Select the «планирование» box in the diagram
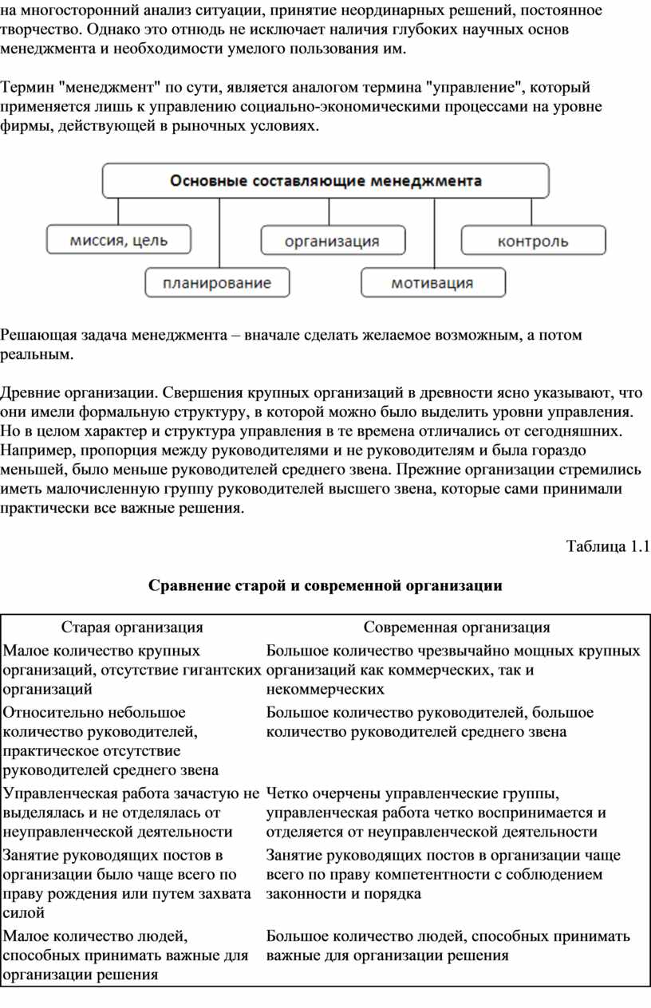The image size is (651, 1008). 217,282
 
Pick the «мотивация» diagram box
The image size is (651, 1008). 432,282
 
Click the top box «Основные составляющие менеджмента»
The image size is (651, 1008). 325,181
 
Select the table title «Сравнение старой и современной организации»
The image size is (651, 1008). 325,586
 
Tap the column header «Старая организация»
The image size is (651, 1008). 132,628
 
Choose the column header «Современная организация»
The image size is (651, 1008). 457,628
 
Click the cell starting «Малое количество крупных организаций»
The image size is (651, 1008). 132,670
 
